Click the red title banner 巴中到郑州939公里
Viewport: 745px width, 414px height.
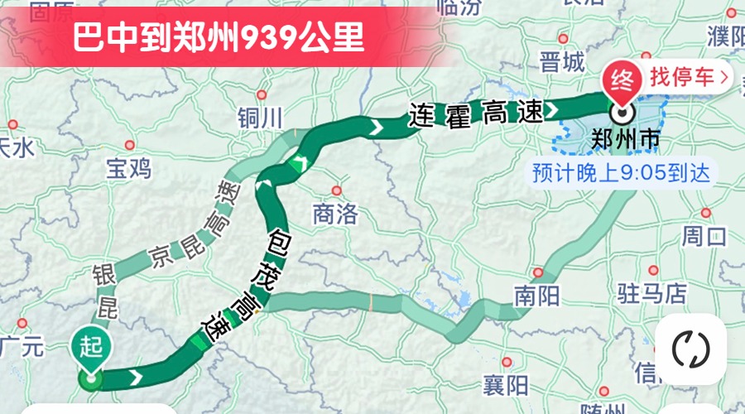click(219, 38)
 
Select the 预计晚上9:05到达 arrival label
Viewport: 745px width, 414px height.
click(621, 174)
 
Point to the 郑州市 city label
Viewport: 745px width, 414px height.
click(626, 141)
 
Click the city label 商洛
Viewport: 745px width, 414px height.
click(335, 215)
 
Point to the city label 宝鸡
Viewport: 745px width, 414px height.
click(128, 168)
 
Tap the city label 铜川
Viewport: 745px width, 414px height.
click(259, 118)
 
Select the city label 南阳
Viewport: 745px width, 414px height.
click(536, 296)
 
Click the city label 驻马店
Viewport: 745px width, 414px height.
click(652, 292)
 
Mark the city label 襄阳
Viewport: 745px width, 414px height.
click(505, 385)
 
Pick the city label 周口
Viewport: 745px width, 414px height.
click(704, 236)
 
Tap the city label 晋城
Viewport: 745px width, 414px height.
click(561, 62)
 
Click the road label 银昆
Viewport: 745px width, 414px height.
click(105, 291)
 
